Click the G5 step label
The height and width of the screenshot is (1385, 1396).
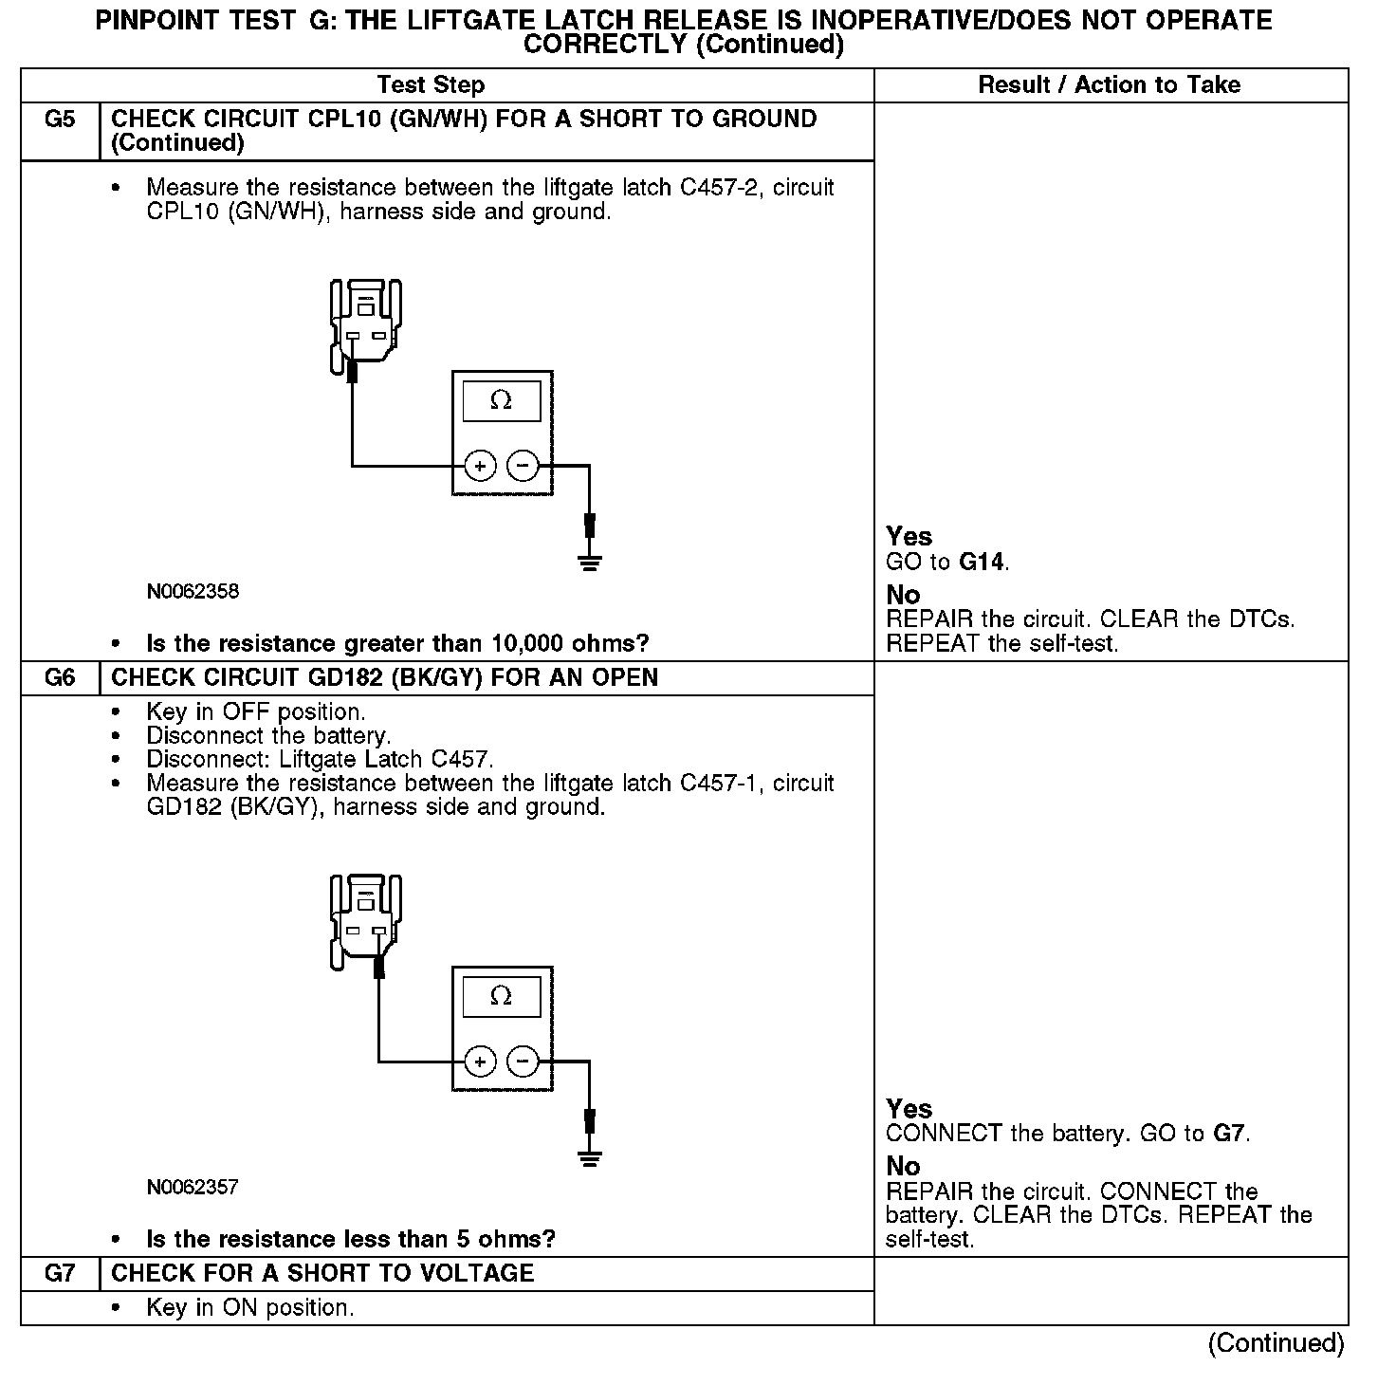[59, 120]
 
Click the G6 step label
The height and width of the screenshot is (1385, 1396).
[59, 678]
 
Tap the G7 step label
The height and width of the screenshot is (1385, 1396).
[59, 1274]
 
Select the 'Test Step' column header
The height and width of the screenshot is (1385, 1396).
[431, 85]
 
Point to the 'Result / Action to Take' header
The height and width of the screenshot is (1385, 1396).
[1109, 85]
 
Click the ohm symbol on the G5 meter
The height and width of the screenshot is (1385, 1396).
[501, 401]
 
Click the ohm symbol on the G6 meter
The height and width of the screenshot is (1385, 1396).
[501, 996]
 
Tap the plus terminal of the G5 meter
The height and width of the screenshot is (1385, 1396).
[481, 466]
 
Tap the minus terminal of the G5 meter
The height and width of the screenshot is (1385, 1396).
[523, 466]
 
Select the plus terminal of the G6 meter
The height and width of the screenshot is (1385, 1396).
[481, 1062]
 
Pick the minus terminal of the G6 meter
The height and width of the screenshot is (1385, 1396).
[523, 1062]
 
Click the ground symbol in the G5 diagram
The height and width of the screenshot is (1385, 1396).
[590, 563]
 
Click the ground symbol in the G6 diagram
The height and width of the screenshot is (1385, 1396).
[590, 1158]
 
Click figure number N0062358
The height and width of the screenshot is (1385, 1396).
[193, 592]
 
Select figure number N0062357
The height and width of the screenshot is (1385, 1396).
[193, 1188]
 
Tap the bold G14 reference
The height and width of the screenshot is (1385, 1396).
[982, 563]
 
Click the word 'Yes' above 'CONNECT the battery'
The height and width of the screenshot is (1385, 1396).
[909, 1108]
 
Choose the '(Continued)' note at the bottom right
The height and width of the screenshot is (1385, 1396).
[1276, 1344]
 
